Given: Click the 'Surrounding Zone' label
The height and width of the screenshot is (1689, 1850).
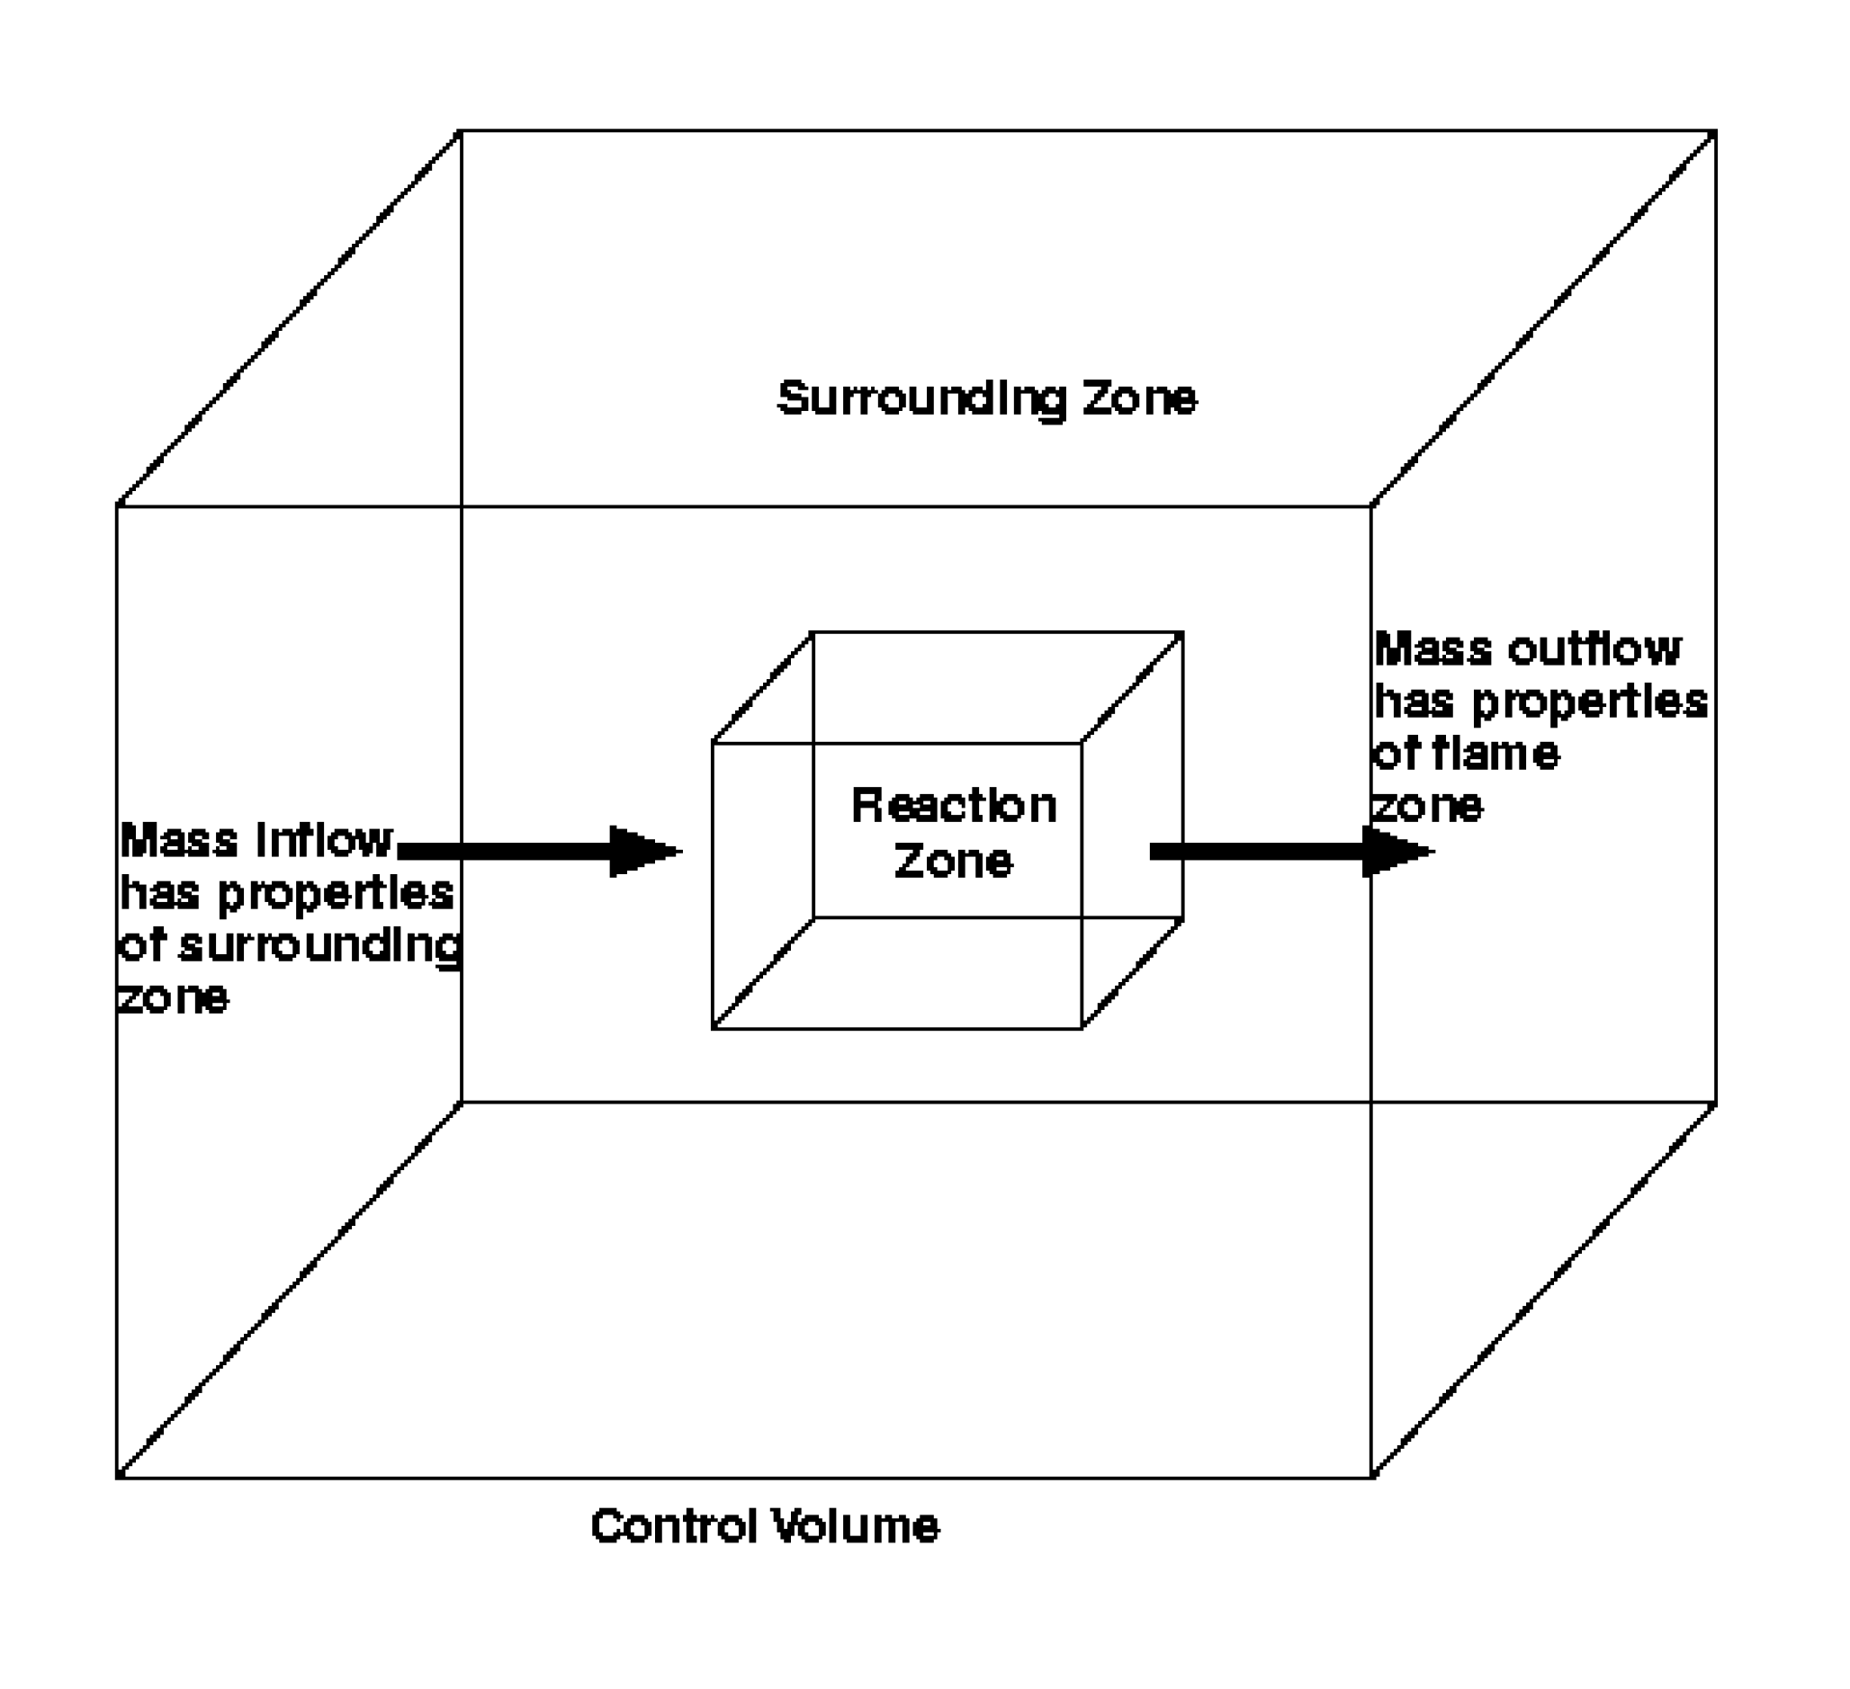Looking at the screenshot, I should click(x=986, y=398).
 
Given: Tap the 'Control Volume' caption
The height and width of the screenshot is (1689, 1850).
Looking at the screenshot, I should click(x=765, y=1525).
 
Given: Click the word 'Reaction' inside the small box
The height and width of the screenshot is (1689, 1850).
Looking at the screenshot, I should click(x=954, y=806).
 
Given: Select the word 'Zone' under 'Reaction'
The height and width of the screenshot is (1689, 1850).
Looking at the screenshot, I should click(x=954, y=861).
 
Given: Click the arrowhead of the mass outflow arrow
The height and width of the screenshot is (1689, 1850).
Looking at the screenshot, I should click(x=1396, y=852).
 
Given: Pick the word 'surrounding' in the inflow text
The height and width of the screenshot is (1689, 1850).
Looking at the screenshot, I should click(x=320, y=946).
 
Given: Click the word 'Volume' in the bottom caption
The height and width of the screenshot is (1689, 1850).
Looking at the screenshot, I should click(x=853, y=1525).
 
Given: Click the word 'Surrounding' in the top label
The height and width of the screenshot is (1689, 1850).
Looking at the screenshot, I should click(x=921, y=398).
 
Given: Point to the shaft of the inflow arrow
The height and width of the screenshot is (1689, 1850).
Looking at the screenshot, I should click(x=505, y=852).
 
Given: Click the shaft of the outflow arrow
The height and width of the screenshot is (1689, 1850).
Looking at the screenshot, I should click(x=1257, y=852).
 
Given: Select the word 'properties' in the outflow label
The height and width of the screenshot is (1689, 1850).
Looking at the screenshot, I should click(x=1589, y=702).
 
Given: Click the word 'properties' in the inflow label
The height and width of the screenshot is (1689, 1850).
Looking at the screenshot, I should click(x=336, y=894).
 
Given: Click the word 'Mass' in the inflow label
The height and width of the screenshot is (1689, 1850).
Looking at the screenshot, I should click(x=179, y=839).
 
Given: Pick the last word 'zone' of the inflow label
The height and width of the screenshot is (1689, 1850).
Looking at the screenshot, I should click(x=174, y=997).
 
